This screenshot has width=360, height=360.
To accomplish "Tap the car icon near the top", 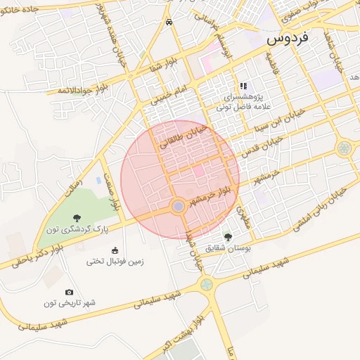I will point(169,22).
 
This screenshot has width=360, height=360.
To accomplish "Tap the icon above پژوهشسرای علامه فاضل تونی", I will point(243,86).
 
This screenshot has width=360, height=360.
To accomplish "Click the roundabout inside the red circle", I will point(179,205).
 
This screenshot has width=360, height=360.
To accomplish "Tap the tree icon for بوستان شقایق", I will point(227,237).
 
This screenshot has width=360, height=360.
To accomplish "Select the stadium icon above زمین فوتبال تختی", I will point(115,250).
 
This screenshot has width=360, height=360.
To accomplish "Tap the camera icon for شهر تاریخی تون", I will point(69,292).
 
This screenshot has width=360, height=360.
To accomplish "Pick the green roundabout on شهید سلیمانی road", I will point(205,285).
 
